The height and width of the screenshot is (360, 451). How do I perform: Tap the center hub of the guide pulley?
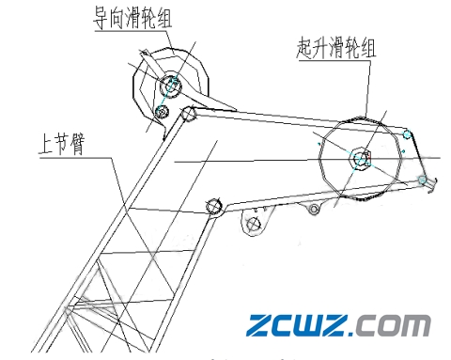172,86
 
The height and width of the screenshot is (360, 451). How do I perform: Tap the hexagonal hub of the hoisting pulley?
362,158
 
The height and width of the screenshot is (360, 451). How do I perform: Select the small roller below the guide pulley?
162,113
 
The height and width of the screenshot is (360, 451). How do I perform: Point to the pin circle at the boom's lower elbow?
213,205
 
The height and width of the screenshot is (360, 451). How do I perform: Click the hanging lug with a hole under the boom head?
251,224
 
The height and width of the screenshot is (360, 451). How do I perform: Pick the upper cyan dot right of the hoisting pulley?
407,133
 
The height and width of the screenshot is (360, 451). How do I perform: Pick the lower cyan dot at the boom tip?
423,179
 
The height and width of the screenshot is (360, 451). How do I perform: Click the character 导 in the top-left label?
101,18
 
